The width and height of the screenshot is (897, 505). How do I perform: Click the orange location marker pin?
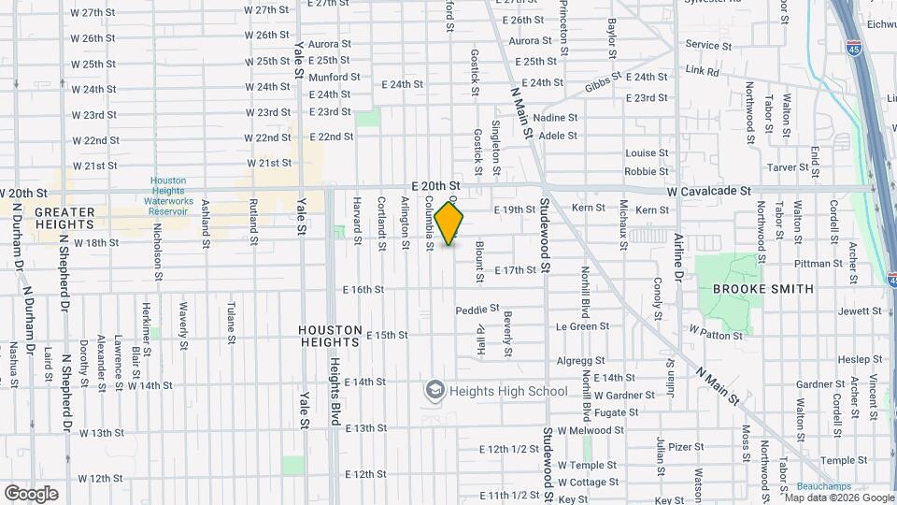tap(449, 223)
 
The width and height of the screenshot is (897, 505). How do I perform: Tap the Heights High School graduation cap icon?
tap(434, 389)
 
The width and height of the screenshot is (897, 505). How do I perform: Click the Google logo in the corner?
tap(31, 494)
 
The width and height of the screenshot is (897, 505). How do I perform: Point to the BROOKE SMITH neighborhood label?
tap(762, 289)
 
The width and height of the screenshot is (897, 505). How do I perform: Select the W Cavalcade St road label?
tap(708, 191)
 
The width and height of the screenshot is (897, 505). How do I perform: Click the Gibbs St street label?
tap(604, 84)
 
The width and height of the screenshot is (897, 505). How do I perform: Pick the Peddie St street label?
tap(477, 310)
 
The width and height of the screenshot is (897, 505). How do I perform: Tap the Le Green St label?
tap(582, 326)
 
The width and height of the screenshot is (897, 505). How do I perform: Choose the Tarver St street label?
tap(788, 167)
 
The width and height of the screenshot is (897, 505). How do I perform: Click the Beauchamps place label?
tap(823, 487)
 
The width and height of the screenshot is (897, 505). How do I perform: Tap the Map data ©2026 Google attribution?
tap(837, 498)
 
